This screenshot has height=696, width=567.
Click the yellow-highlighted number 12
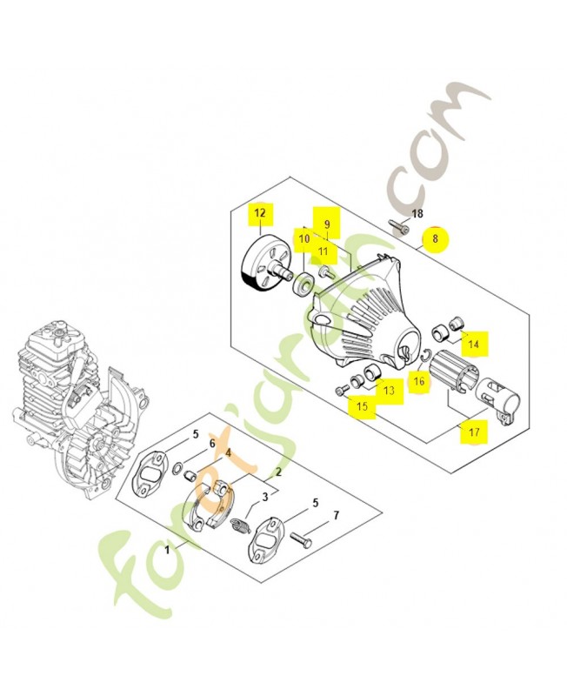[x=259, y=212]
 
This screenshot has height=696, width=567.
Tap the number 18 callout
[x=417, y=214]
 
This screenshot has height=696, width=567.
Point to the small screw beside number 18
[x=400, y=229]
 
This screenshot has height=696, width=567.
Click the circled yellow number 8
[x=436, y=235]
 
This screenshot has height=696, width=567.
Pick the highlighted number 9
[x=326, y=224]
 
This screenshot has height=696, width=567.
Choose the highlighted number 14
[x=474, y=345]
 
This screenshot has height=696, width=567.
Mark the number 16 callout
[x=418, y=380]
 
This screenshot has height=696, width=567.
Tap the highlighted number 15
[x=360, y=405]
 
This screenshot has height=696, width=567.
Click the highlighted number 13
[x=388, y=391]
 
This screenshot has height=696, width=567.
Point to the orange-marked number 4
[x=228, y=453]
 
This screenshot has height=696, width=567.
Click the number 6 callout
[x=210, y=444]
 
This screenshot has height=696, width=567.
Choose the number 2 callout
[x=278, y=473]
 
